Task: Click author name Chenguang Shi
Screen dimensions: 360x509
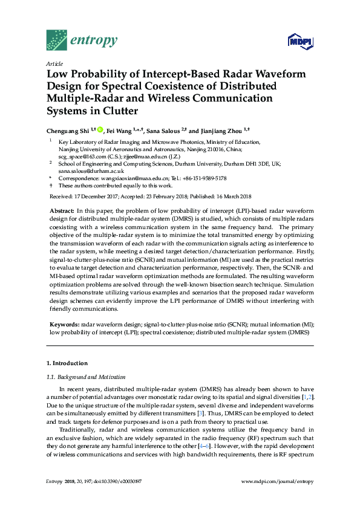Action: (x=67, y=129)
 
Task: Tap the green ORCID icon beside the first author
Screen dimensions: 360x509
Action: (x=100, y=129)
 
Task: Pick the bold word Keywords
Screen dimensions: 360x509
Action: (x=64, y=325)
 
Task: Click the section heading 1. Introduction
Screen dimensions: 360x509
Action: (x=68, y=363)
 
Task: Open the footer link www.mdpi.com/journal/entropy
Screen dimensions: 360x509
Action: (x=277, y=481)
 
